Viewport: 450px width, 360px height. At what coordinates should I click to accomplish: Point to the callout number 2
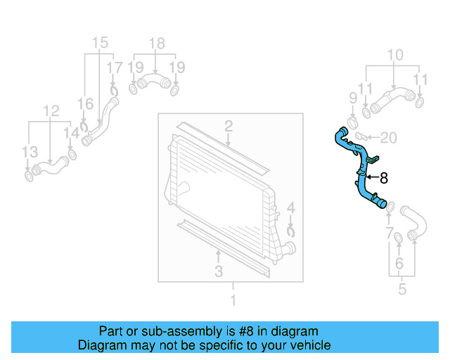tap(229, 127)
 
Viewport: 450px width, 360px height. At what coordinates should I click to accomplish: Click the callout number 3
tap(219, 271)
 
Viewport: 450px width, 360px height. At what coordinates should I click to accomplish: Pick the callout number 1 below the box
tap(233, 302)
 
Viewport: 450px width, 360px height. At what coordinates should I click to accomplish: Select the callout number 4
tap(291, 208)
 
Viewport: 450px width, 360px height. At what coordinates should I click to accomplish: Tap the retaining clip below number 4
tap(291, 230)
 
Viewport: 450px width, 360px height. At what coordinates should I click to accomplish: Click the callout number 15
tap(101, 42)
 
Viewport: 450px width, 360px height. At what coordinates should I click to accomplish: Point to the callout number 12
tap(51, 110)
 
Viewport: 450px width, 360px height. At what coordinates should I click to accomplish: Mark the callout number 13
tap(29, 152)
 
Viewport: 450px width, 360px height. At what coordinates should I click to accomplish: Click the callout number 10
tap(395, 55)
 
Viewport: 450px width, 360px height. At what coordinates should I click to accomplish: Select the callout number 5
tap(402, 288)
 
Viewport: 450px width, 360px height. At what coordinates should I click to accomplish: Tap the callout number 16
tap(85, 105)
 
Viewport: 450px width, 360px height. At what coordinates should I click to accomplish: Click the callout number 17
tap(114, 68)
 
